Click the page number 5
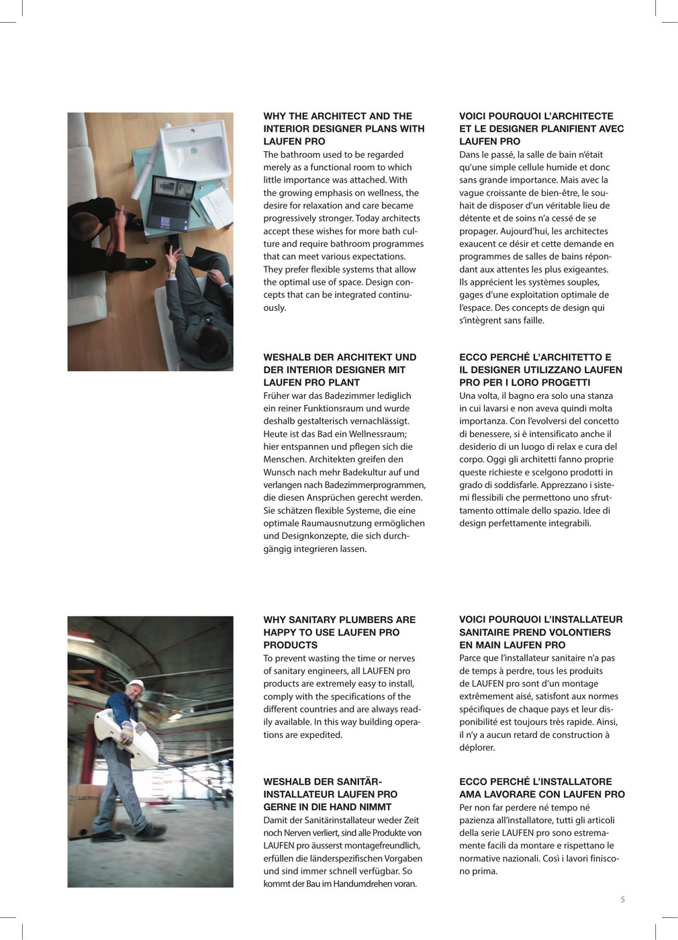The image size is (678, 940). click(x=622, y=900)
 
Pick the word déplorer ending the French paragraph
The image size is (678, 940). click(x=477, y=747)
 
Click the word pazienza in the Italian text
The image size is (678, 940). click(x=477, y=820)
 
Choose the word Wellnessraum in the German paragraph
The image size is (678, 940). click(x=374, y=434)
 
